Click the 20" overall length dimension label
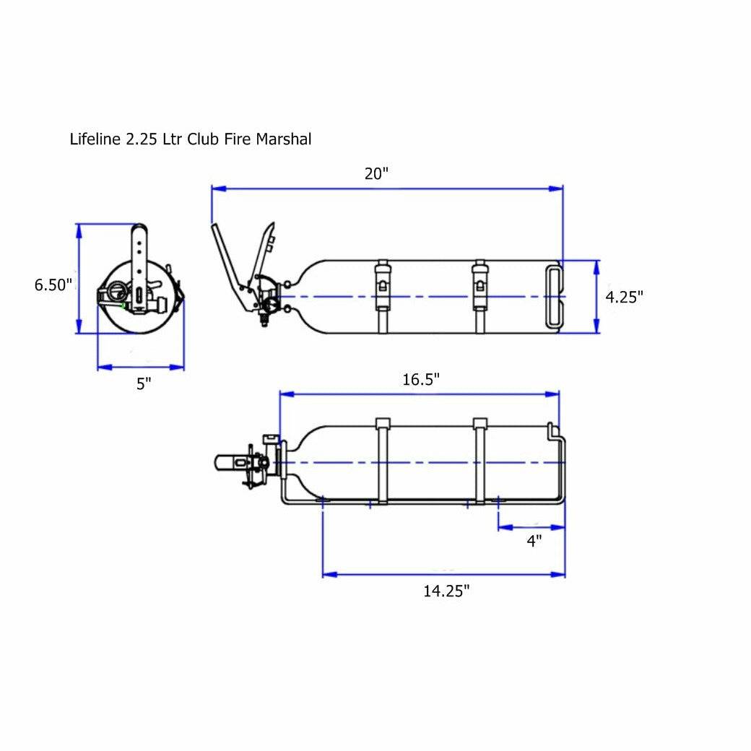click(377, 173)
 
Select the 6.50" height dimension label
click(53, 285)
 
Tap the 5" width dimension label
click(144, 384)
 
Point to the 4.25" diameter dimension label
click(624, 297)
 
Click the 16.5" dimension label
click(421, 380)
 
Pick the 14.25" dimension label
click(446, 591)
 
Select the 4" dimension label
click(534, 541)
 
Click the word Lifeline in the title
click(95, 139)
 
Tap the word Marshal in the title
click(283, 139)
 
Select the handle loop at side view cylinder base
click(553, 297)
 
